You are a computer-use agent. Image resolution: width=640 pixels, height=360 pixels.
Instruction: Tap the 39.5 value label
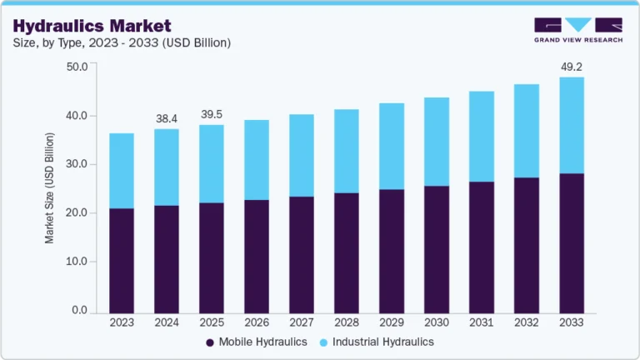pos(212,114)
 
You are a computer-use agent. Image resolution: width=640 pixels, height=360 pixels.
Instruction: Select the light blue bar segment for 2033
pos(572,125)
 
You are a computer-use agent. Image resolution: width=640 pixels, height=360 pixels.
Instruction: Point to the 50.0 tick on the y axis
pos(77,67)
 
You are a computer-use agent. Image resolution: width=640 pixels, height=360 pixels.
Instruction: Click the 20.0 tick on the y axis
pos(77,213)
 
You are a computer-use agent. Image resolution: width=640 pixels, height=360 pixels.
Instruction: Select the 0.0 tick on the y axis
pos(80,311)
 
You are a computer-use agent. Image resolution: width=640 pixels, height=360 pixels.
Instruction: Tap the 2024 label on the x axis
pos(167,322)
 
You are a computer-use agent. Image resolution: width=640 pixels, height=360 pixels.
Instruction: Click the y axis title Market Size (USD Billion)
pos(50,187)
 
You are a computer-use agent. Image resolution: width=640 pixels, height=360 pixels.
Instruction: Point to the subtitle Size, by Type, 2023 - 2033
pos(122,42)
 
